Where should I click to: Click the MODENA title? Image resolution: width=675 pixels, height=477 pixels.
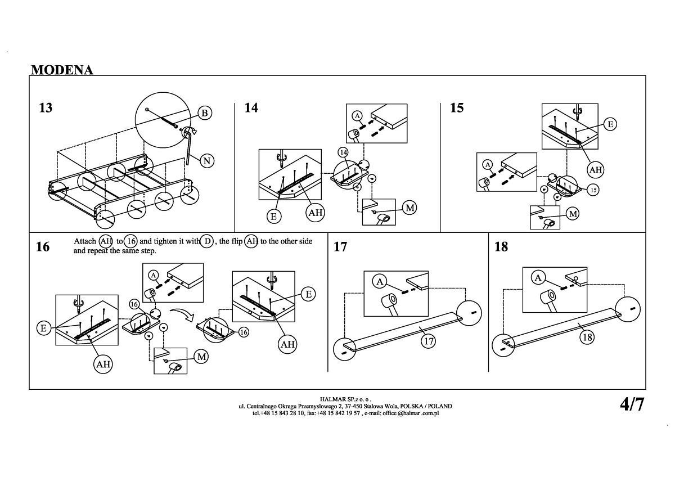click(x=62, y=70)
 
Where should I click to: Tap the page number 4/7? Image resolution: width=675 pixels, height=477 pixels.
click(x=632, y=404)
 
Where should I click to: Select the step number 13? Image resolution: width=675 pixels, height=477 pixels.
click(x=46, y=107)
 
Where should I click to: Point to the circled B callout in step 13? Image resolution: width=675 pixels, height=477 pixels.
click(x=205, y=113)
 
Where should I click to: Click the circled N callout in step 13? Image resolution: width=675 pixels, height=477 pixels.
click(x=206, y=161)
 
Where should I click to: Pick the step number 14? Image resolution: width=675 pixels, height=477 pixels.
click(x=251, y=107)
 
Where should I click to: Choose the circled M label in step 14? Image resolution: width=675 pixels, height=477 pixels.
click(x=410, y=208)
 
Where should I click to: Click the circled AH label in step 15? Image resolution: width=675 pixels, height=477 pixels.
click(x=595, y=169)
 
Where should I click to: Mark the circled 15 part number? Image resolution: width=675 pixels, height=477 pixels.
click(x=593, y=190)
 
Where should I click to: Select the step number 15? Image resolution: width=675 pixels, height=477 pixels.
click(x=457, y=107)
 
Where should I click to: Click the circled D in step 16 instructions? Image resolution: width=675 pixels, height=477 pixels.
click(x=207, y=241)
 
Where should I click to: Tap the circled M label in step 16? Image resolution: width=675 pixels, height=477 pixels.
click(x=201, y=356)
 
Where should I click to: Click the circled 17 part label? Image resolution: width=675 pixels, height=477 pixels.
click(x=429, y=341)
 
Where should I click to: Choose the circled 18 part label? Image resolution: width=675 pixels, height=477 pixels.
click(x=587, y=337)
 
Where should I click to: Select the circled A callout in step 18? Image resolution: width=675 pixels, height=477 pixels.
click(x=538, y=278)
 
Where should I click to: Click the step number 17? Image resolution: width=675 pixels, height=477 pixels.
click(x=340, y=247)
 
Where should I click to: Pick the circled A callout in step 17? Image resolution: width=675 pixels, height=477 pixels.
click(x=380, y=281)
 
